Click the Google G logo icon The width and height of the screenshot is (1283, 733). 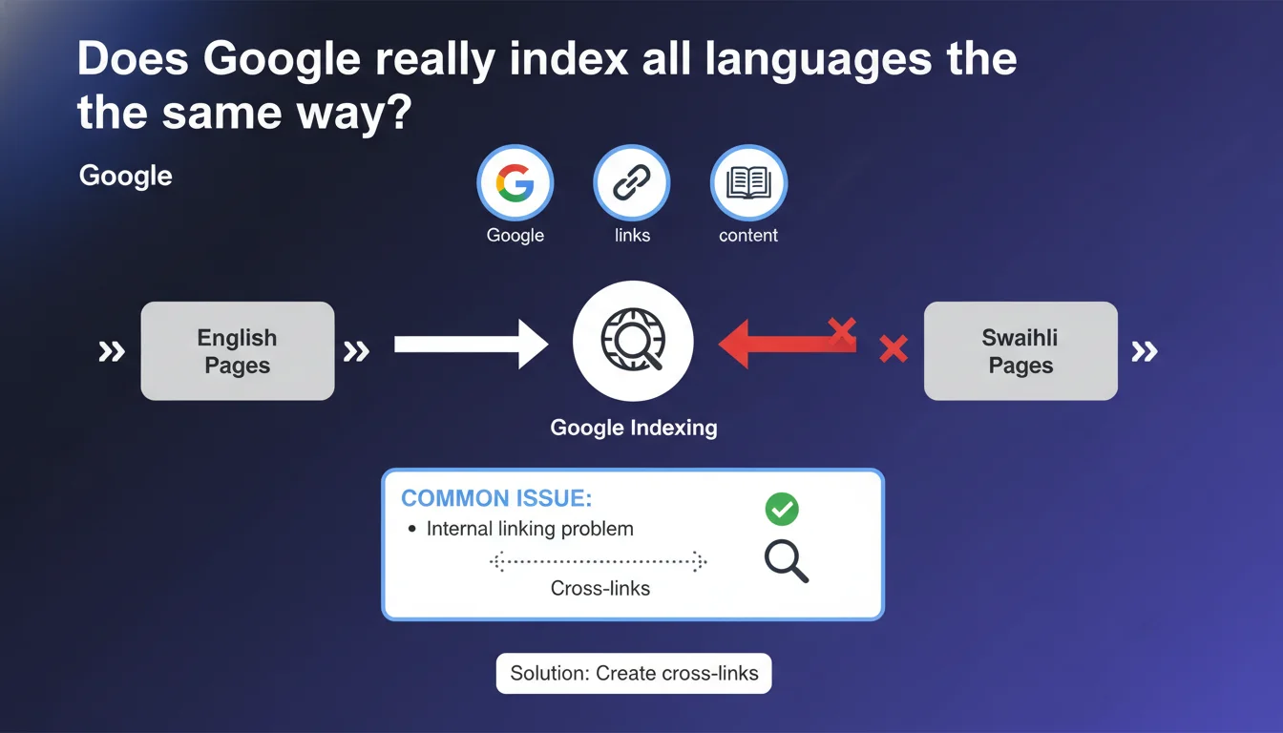[x=515, y=182]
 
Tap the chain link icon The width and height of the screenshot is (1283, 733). [x=632, y=182]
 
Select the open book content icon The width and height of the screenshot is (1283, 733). [x=748, y=182]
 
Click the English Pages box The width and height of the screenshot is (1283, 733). [x=238, y=351]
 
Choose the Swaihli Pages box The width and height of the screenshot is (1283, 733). [x=1020, y=351]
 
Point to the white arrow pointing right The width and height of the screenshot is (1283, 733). [x=471, y=345]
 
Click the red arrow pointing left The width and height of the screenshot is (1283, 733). [x=787, y=344]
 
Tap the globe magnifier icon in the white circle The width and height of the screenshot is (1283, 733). [x=633, y=340]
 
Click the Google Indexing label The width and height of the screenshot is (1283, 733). [x=634, y=428]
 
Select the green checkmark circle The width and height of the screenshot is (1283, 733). [x=782, y=509]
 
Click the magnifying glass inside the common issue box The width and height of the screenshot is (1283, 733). [x=787, y=561]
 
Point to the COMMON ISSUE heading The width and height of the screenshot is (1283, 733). [x=496, y=498]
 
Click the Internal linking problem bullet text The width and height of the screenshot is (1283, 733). [x=530, y=529]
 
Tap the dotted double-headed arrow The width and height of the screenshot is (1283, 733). [x=598, y=562]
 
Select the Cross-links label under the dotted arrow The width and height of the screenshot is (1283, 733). [x=600, y=588]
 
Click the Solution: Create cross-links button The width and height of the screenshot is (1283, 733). [x=634, y=674]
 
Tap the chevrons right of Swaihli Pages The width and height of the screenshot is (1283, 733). [x=1145, y=351]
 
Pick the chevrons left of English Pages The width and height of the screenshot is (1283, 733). [x=112, y=351]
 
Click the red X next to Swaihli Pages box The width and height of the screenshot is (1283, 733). [x=894, y=348]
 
